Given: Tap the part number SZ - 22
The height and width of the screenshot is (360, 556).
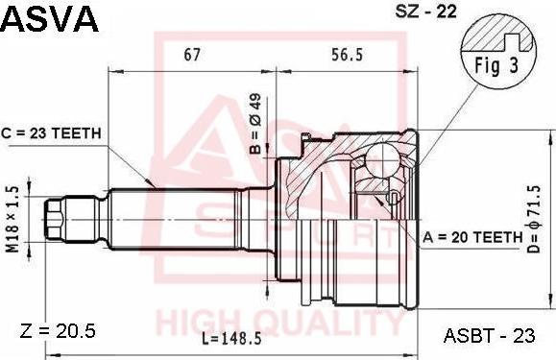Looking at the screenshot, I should point(426,12).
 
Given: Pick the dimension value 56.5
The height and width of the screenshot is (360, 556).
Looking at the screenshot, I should point(346,56).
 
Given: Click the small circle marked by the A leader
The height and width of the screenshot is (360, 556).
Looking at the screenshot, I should point(391,198).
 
